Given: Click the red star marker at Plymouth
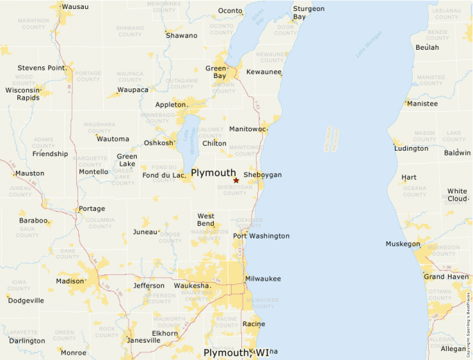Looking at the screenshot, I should pos(236,180).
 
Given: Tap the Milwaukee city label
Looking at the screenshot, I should pos(263,278).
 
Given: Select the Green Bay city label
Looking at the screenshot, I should pos(215,72).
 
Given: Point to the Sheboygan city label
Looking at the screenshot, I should pos(263,175).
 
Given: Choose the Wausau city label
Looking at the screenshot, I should pos(75,7).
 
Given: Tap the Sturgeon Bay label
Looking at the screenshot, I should pos(308,12).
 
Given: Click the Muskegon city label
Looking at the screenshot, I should pos(403,244).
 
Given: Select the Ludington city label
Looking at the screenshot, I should pos(411,149).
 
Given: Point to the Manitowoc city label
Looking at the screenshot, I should pos(248,129).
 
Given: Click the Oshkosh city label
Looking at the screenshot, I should pos(158,143).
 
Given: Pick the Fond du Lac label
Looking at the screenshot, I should pos(164,176).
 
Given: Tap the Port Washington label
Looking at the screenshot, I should pos(261,236).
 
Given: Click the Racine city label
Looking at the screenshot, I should pos(254,323).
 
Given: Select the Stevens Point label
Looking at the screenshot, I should pos(42,68).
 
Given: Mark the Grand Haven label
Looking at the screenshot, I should pos(446,276).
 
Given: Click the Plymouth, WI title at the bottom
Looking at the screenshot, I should pos(236,352).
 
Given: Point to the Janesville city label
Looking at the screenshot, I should pos(143,340).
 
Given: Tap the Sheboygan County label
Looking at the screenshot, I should pos(234,190).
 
